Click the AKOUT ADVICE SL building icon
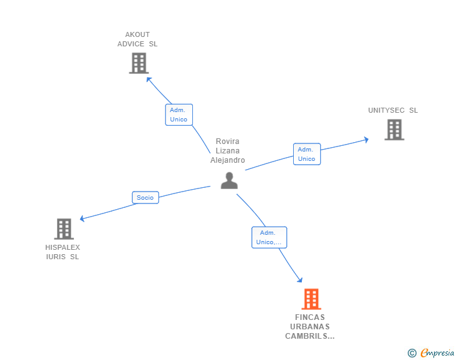coord(138,63)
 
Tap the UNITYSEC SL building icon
coord(394,130)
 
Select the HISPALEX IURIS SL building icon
coord(64,229)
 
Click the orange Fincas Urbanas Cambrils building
coord(311,299)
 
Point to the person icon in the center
coord(229,180)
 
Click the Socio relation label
coord(145,198)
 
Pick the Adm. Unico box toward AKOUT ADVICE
coord(179,115)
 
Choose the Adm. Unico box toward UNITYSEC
coord(307,154)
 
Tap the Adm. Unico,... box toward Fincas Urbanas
coord(269,237)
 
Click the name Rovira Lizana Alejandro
coord(227,151)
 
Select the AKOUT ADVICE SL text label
coord(138,39)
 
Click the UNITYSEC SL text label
coord(393,110)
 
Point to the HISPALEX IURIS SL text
coord(63,252)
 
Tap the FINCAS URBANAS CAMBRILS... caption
coord(310,327)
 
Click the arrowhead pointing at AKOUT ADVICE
coord(149,79)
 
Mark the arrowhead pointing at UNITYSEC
coord(366,140)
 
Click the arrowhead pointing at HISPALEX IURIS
coord(83,219)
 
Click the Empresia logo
coord(437,353)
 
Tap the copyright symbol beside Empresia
coord(412,353)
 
